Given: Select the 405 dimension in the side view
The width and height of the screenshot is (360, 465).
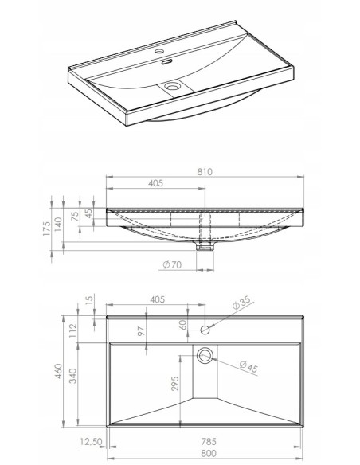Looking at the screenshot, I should click(155, 183).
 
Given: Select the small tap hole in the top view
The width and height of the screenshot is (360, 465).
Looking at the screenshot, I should click(205, 329).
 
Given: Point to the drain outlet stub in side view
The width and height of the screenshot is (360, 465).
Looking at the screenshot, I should click(209, 246).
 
